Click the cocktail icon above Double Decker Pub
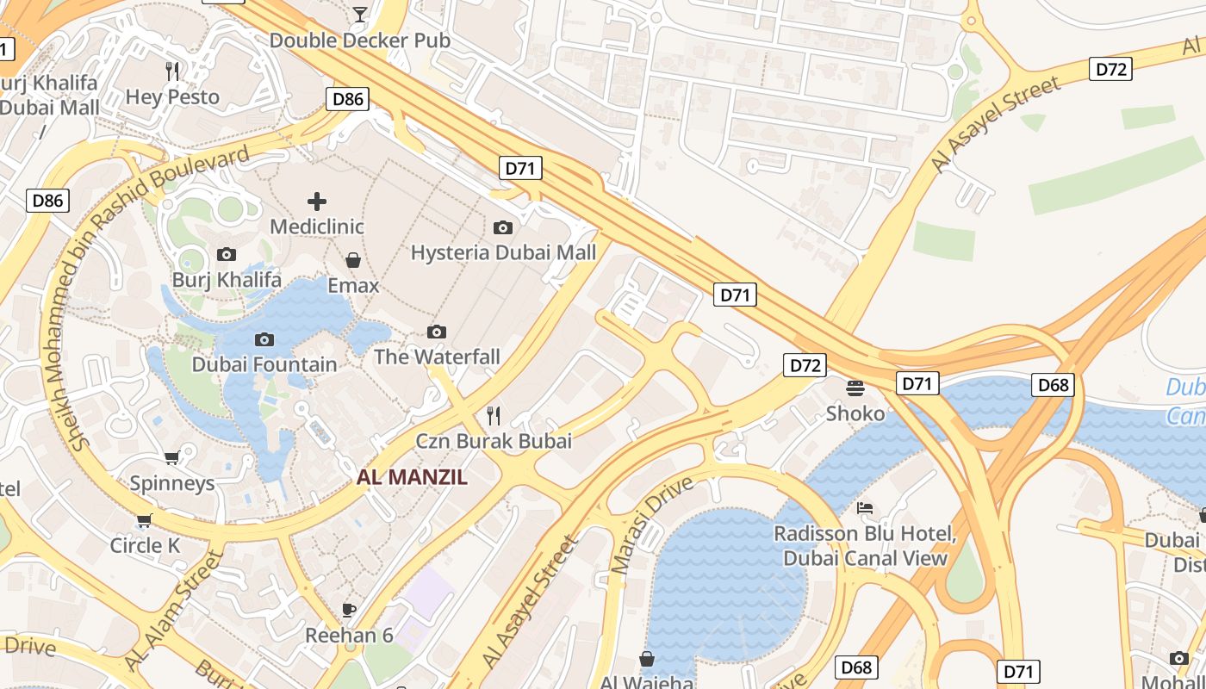pyautogui.click(x=359, y=14)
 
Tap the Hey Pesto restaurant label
pyautogui.click(x=172, y=96)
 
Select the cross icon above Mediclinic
pyautogui.click(x=317, y=202)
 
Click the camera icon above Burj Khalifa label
pyautogui.click(x=227, y=254)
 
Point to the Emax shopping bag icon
pyautogui.click(x=353, y=259)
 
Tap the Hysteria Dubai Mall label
pyautogui.click(x=503, y=252)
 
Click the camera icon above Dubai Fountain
pyautogui.click(x=264, y=339)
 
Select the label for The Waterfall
pyautogui.click(x=437, y=357)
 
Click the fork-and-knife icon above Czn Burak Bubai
pyautogui.click(x=494, y=416)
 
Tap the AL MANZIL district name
pyautogui.click(x=412, y=477)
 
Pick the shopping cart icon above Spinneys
pyautogui.click(x=171, y=457)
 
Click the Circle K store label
pyautogui.click(x=145, y=545)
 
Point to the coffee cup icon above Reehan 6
pyautogui.click(x=349, y=610)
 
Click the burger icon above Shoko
pyautogui.click(x=855, y=388)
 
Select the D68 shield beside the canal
pyautogui.click(x=1053, y=385)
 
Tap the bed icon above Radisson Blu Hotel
pyautogui.click(x=865, y=507)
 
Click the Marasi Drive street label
pyautogui.click(x=651, y=525)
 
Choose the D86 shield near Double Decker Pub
pyautogui.click(x=348, y=99)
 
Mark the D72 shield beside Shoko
pyautogui.click(x=805, y=365)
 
